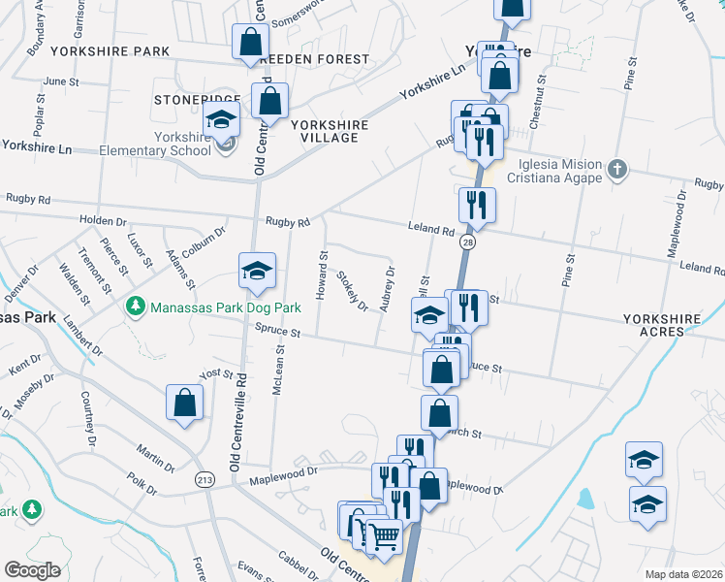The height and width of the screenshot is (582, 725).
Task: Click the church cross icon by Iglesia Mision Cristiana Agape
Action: pyautogui.click(x=616, y=171)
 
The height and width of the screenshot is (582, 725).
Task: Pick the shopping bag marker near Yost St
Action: pyautogui.click(x=184, y=404)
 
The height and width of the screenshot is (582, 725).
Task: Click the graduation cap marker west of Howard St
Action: pyautogui.click(x=257, y=272)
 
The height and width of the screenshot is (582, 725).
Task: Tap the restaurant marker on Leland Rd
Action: pyautogui.click(x=477, y=205)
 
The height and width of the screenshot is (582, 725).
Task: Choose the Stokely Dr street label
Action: pyautogui.click(x=352, y=290)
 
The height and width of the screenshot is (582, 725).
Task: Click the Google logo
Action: pyautogui.click(x=32, y=570)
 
